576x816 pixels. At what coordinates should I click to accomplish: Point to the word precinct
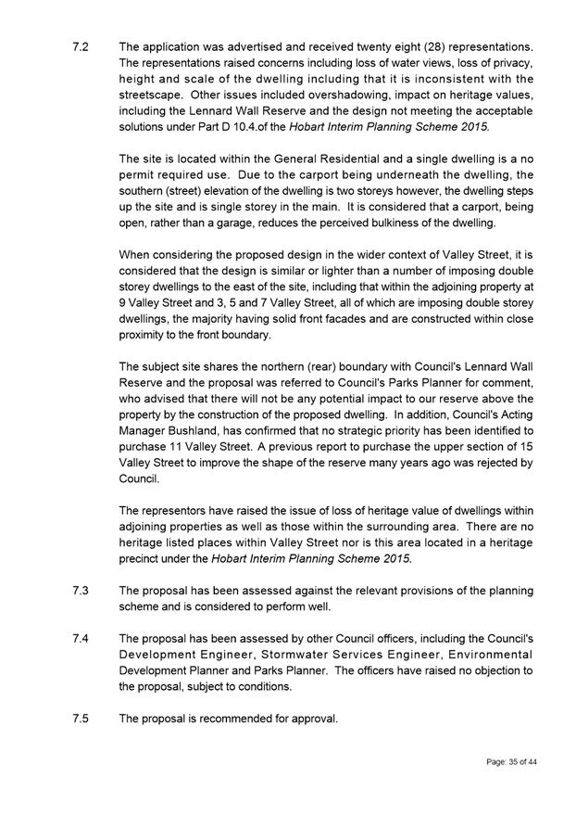point(142,559)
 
